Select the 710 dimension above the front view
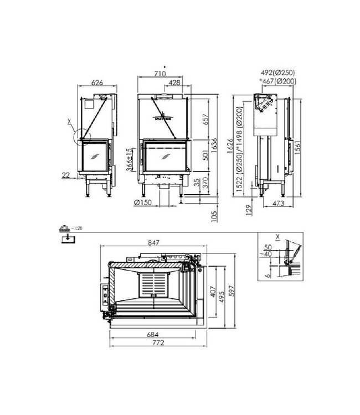tap(160, 73)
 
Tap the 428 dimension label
tap(174, 83)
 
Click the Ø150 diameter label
tap(143, 201)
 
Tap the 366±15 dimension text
tap(129, 161)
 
